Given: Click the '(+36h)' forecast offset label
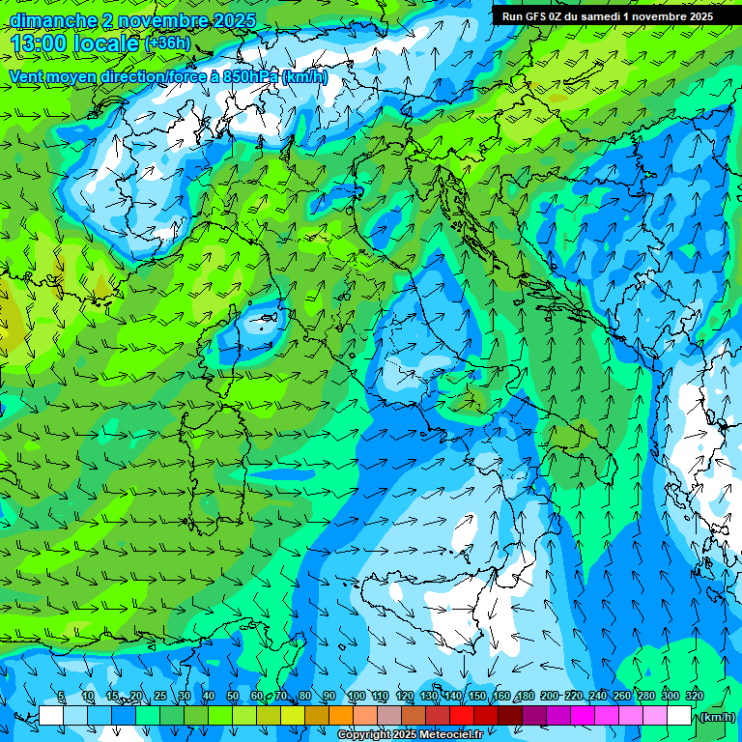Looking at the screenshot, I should tap(168, 43).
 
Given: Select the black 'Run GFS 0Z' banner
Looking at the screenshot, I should tap(608, 15).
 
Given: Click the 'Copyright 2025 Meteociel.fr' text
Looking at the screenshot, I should tap(410, 735).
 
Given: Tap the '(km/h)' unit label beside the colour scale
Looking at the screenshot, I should tap(717, 717).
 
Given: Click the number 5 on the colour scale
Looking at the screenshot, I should tap(62, 696).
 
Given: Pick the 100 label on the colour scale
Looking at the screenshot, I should tap(356, 696).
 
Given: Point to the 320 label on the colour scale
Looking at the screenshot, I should tap(694, 696).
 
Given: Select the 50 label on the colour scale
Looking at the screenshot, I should tap(233, 696).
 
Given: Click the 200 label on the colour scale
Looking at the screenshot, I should tap(549, 696).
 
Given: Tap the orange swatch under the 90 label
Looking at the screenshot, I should tap(341, 716).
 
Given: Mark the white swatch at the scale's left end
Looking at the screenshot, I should tap(51, 716).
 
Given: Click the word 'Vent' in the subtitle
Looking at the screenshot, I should tap(26, 76).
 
